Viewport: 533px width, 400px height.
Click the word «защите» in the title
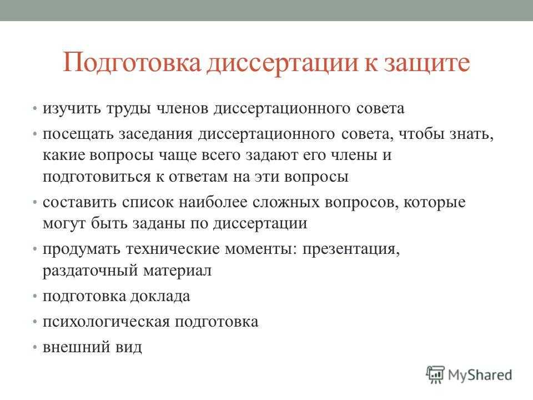tap(427, 63)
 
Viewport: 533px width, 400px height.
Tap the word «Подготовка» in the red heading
tap(132, 63)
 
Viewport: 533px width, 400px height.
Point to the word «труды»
tap(128, 109)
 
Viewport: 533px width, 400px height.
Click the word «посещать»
tap(78, 134)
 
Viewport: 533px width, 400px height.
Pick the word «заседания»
tap(155, 134)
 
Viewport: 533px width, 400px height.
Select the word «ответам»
tap(198, 177)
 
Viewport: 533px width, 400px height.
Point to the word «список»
tap(148, 203)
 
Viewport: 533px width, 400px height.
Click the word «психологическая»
tap(106, 322)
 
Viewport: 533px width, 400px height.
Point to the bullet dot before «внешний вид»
tap(34, 347)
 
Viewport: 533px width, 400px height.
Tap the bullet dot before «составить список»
tap(34, 203)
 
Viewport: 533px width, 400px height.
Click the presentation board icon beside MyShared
tap(435, 374)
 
